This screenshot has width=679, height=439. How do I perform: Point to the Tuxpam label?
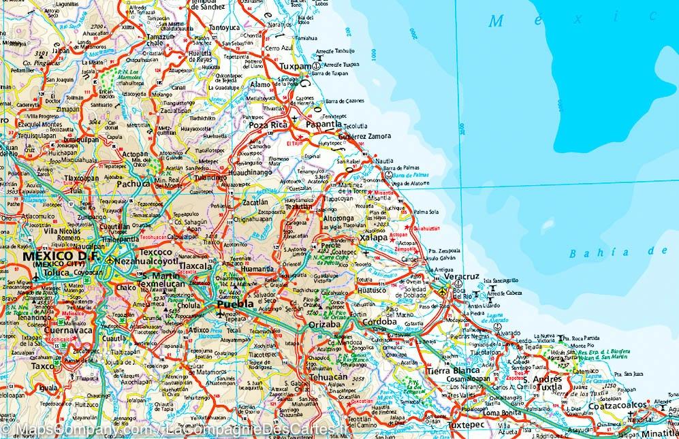(295, 67)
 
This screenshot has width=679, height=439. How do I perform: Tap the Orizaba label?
(324, 325)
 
